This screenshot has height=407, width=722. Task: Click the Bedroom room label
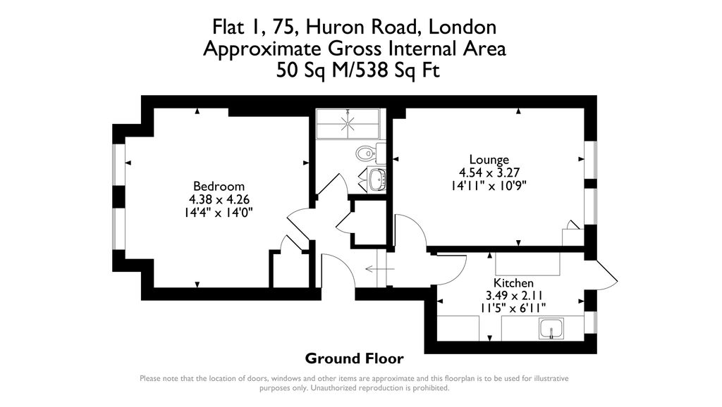(219, 187)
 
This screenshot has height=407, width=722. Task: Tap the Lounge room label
(489, 160)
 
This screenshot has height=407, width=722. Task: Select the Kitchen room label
(513, 283)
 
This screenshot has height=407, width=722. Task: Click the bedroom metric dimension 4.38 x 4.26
(219, 199)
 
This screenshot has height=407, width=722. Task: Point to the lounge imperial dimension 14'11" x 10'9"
(489, 185)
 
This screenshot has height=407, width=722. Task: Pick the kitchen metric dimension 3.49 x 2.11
(513, 296)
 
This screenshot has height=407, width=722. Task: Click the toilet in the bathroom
(368, 153)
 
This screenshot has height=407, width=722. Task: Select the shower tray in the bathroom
(348, 123)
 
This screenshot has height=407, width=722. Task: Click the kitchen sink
(551, 327)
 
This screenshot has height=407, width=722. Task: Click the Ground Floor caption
(354, 358)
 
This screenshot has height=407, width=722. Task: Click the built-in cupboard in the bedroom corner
(287, 269)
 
